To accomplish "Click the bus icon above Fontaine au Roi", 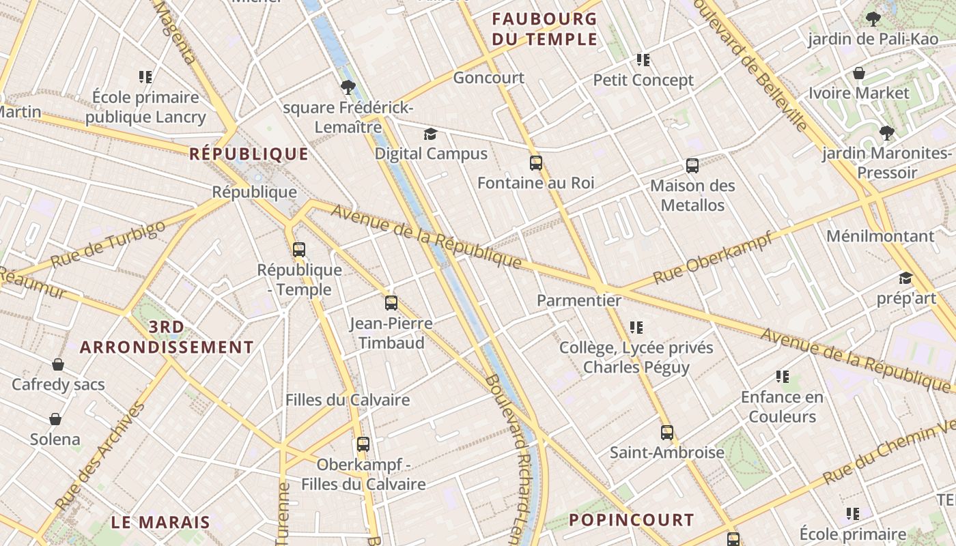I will (x=536, y=163).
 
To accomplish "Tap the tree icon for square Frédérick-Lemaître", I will (x=348, y=87).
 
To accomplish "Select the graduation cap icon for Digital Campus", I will (x=430, y=134).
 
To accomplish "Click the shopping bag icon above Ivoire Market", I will (x=859, y=73).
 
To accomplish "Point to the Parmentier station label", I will (x=579, y=300).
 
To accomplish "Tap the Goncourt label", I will (x=489, y=78).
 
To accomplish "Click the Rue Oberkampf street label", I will (x=712, y=258).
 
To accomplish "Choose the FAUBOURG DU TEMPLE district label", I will (x=544, y=29).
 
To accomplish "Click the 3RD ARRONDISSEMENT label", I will (x=167, y=337).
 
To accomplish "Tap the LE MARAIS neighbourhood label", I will (x=160, y=523).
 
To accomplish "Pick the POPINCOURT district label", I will (x=631, y=520).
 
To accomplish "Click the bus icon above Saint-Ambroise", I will (x=667, y=433).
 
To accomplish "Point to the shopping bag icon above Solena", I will (x=55, y=419).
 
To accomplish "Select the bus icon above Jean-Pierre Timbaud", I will (x=391, y=303).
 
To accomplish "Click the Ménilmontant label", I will (x=880, y=237).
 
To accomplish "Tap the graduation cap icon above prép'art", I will (x=905, y=278).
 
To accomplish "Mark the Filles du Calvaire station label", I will (x=348, y=400).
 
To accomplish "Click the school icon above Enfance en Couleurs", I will (x=783, y=377).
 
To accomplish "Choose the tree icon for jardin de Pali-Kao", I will (x=873, y=18).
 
